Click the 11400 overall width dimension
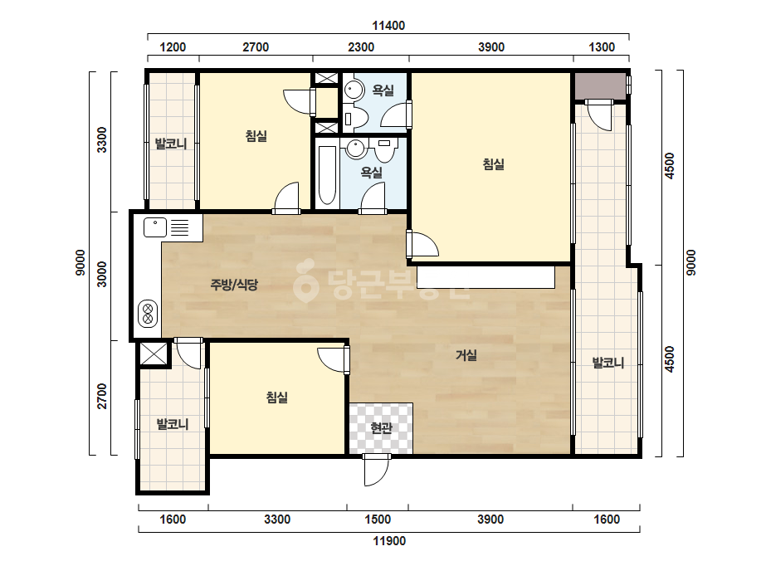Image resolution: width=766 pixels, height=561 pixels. [x=388, y=26]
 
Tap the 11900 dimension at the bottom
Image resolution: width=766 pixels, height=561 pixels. [x=389, y=541]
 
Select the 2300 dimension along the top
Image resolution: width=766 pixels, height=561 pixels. [x=361, y=47]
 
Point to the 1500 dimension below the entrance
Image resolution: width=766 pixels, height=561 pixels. [x=378, y=519]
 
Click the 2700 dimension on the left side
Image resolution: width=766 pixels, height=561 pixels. [x=101, y=396]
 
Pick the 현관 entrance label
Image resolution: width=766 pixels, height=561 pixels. [x=381, y=428]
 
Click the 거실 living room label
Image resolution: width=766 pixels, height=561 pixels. [x=466, y=355]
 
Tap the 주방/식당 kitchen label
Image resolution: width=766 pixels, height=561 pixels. [x=234, y=285]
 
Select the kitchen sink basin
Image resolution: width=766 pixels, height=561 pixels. [x=155, y=227]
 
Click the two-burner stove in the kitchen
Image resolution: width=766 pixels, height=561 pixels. [x=148, y=314]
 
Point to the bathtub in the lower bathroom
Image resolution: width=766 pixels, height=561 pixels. [x=327, y=175]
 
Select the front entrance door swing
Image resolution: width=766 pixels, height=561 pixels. [x=377, y=470]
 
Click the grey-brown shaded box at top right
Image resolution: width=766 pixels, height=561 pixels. [x=599, y=85]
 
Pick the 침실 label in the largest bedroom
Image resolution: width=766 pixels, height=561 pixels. [x=494, y=164]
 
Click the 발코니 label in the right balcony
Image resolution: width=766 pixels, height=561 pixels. [x=608, y=363]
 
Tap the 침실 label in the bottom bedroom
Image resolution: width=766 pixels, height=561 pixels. [x=276, y=398]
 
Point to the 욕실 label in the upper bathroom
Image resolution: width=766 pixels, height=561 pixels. [x=383, y=90]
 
